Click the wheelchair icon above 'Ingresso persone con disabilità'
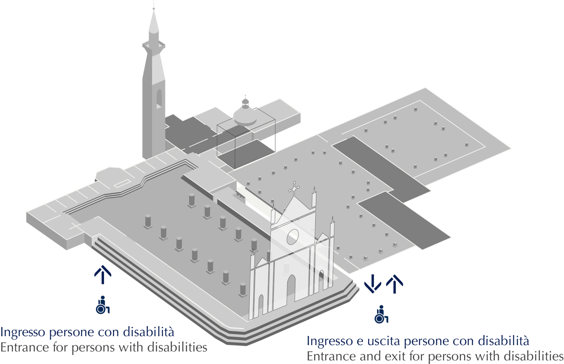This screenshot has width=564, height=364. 103,305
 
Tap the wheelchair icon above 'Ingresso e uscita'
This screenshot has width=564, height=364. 381,314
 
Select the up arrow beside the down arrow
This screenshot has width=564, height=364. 394,284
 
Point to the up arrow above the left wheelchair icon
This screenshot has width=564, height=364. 103,275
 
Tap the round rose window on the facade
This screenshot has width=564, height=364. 293,237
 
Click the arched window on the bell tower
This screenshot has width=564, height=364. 159,99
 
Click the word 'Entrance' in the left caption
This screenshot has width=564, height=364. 25,347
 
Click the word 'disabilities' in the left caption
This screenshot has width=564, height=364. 177,347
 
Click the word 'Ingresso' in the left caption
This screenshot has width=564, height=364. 23,332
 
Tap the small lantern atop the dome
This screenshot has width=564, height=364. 245,102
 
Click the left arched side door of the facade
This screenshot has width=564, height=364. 261,305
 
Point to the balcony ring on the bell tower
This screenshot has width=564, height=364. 154,46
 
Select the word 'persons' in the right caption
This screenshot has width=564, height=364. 447,356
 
